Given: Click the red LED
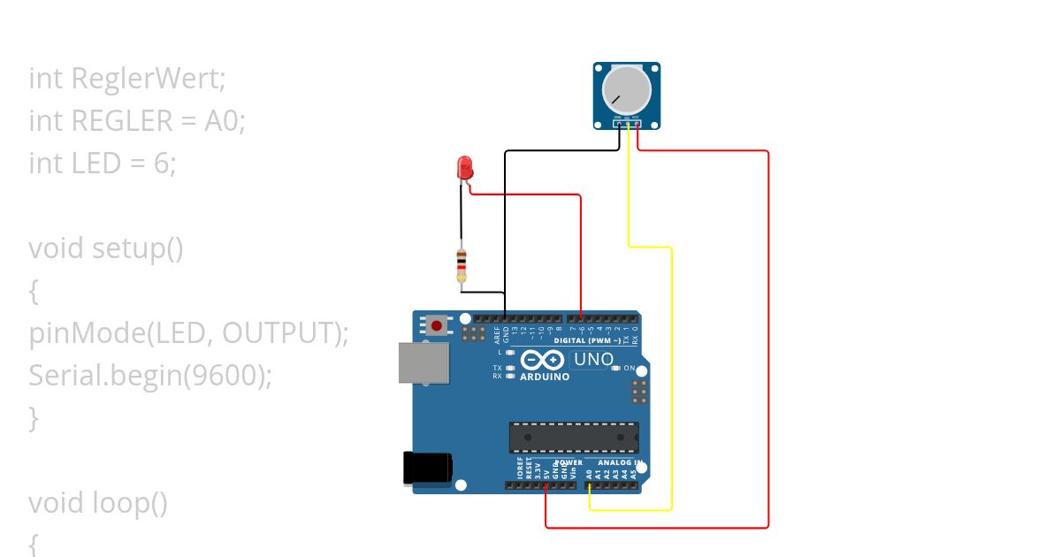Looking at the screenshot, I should click(x=464, y=168).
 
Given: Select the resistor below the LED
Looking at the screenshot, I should click(x=461, y=266).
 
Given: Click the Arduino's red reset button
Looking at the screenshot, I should click(x=437, y=325).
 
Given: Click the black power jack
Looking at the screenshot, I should click(x=428, y=469).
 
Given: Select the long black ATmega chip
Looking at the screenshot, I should click(x=573, y=438).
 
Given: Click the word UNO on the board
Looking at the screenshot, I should click(x=593, y=360).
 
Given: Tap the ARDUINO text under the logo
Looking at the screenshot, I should click(x=544, y=377).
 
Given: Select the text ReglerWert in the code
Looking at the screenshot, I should click(x=149, y=79).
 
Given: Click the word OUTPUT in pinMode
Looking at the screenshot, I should click(x=281, y=333).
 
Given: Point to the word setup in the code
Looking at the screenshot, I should click(x=127, y=248).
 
